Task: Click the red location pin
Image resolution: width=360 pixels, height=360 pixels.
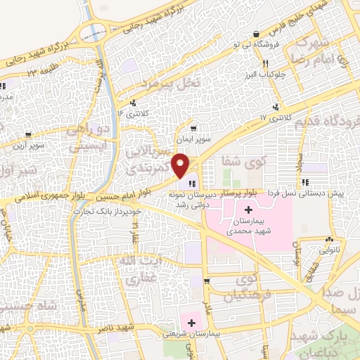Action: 181,166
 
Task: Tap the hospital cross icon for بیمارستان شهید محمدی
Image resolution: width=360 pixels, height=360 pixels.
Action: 248,210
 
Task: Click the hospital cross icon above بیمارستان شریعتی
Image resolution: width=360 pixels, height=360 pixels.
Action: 191,322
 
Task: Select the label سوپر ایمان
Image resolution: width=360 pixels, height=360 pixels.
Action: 194,141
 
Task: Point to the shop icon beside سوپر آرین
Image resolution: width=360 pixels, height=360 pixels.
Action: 27,135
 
